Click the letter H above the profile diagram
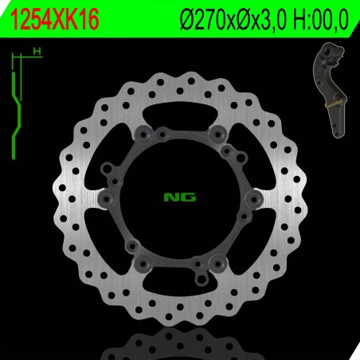[x=36, y=53]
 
